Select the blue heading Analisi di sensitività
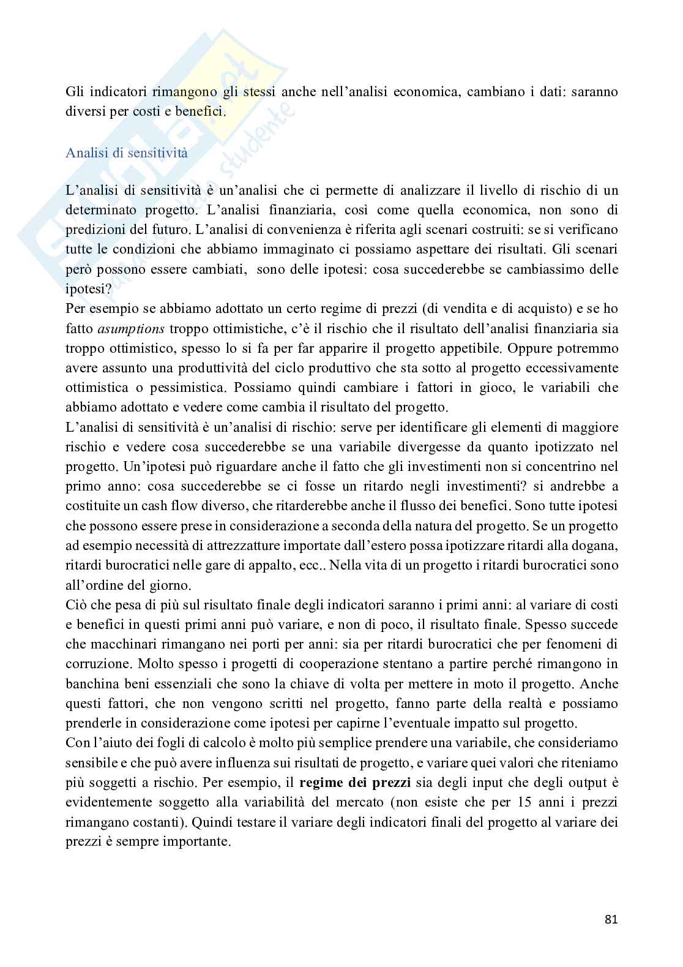click(x=126, y=153)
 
